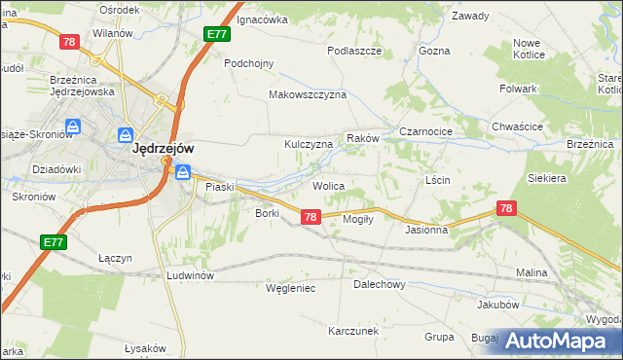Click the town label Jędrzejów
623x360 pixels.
(163, 149)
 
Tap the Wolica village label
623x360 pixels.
(328, 185)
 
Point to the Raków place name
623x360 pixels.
(361, 139)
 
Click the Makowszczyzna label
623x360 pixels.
(308, 95)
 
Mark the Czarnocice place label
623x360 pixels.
(422, 131)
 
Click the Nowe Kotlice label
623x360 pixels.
(527, 50)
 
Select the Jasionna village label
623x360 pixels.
(426, 231)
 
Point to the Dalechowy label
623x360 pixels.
(379, 285)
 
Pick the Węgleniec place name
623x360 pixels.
(290, 288)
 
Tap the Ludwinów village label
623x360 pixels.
(190, 275)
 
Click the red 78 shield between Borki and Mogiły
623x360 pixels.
(311, 217)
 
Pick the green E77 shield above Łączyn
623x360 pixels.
(54, 241)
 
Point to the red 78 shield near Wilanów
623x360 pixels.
(69, 42)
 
